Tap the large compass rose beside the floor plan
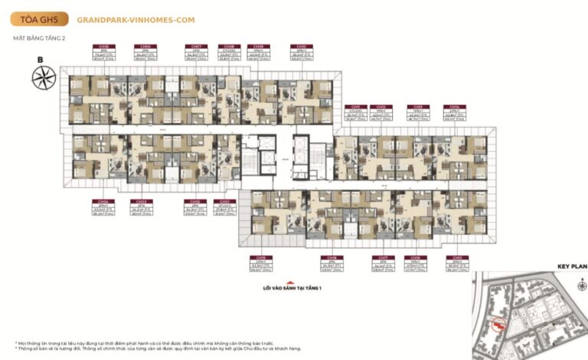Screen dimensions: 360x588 click(44, 78)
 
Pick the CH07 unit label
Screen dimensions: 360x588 click(197, 47)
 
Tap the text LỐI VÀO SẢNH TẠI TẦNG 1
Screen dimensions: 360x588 click(287, 289)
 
